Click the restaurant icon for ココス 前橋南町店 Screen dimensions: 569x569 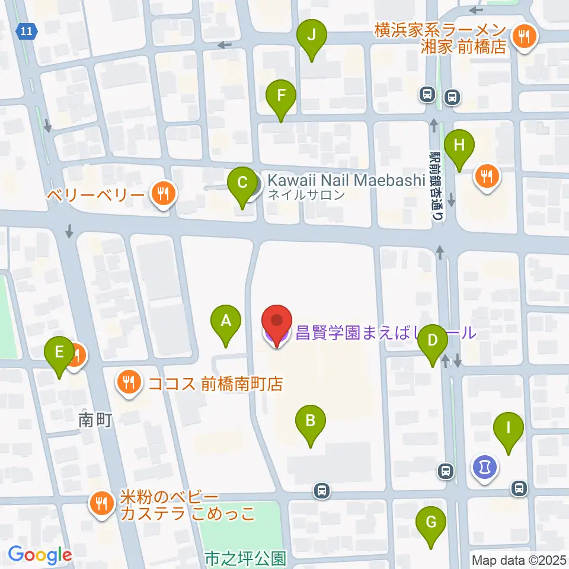129,383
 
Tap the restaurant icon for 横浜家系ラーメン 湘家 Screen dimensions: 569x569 523,37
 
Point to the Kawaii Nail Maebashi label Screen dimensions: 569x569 347,180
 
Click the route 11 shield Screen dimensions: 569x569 26,30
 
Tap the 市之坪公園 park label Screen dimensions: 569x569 245,558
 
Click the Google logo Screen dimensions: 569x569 40,555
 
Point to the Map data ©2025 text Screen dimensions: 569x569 519,560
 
